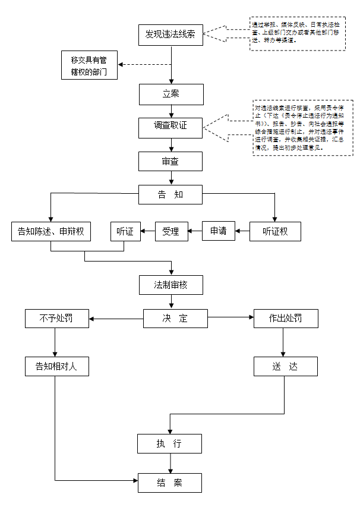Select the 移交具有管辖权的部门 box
click(90, 65)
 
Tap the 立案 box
click(171, 95)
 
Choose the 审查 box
click(171, 161)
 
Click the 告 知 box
click(171, 195)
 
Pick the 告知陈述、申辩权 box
click(50, 231)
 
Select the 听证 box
click(125, 231)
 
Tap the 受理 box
click(170, 231)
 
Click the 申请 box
click(219, 231)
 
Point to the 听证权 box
click(276, 231)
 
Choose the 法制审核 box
click(171, 285)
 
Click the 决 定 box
click(175, 319)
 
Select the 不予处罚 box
click(56, 319)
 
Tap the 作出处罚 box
click(286, 319)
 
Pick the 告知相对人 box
click(56, 366)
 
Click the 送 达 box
click(286, 366)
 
